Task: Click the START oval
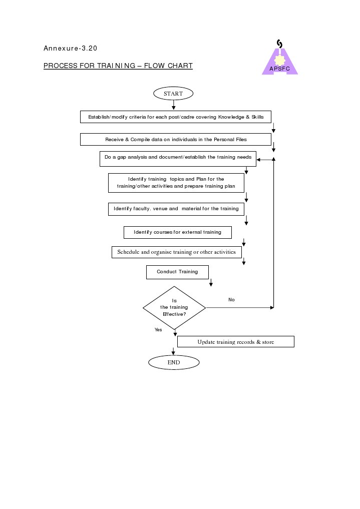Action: coord(173,93)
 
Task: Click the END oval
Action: coord(174,362)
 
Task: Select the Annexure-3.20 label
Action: coord(70,49)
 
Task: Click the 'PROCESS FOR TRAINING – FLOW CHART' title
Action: coord(118,66)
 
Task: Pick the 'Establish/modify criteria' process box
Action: coord(176,117)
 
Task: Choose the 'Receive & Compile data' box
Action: coord(176,139)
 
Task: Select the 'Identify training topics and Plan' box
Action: coord(176,183)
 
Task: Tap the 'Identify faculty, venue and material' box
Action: coord(176,209)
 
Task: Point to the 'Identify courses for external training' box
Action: coord(178,232)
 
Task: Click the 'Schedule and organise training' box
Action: coord(177,252)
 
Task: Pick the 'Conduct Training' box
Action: coord(177,272)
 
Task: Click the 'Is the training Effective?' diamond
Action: coord(174,307)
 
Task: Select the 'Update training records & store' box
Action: coord(235,341)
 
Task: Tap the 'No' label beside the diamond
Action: coord(231,300)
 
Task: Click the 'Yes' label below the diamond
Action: coord(158,330)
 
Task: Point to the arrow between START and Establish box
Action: coord(173,105)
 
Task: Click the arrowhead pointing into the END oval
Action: coord(173,353)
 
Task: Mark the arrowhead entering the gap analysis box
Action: coord(259,160)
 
